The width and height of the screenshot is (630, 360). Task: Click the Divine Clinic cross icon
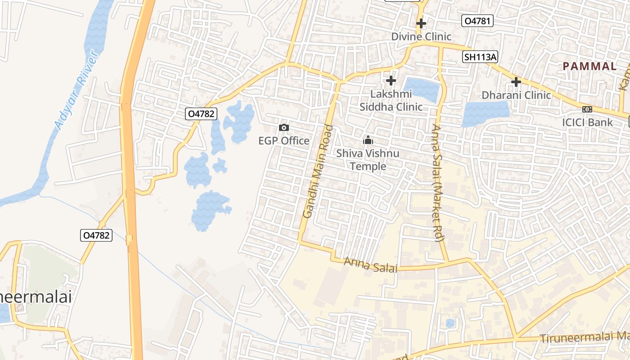pos(421,23)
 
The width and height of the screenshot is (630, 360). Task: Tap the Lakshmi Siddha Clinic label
pos(391,100)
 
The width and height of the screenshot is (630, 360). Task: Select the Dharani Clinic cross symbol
pos(516,82)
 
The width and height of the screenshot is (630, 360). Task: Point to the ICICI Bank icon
pos(587,109)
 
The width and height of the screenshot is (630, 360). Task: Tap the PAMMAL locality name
pos(589,67)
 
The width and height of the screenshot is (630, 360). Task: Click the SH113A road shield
pos(481,57)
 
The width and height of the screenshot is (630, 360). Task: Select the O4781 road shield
pos(478,21)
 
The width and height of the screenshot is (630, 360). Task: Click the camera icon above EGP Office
pos(284,128)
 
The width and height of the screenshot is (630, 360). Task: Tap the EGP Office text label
pos(284,141)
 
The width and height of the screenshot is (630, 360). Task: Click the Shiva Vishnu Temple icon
pos(368,140)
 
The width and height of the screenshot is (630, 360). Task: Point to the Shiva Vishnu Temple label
pos(368,160)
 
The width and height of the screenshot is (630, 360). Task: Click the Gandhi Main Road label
pos(318,171)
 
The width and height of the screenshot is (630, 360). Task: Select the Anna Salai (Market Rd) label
pos(437,182)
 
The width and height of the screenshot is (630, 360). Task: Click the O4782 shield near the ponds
pos(201,114)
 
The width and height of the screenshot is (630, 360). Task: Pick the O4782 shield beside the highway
pos(96,235)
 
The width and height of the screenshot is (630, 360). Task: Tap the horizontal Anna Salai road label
pos(370,265)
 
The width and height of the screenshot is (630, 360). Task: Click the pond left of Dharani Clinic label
pos(485,113)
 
